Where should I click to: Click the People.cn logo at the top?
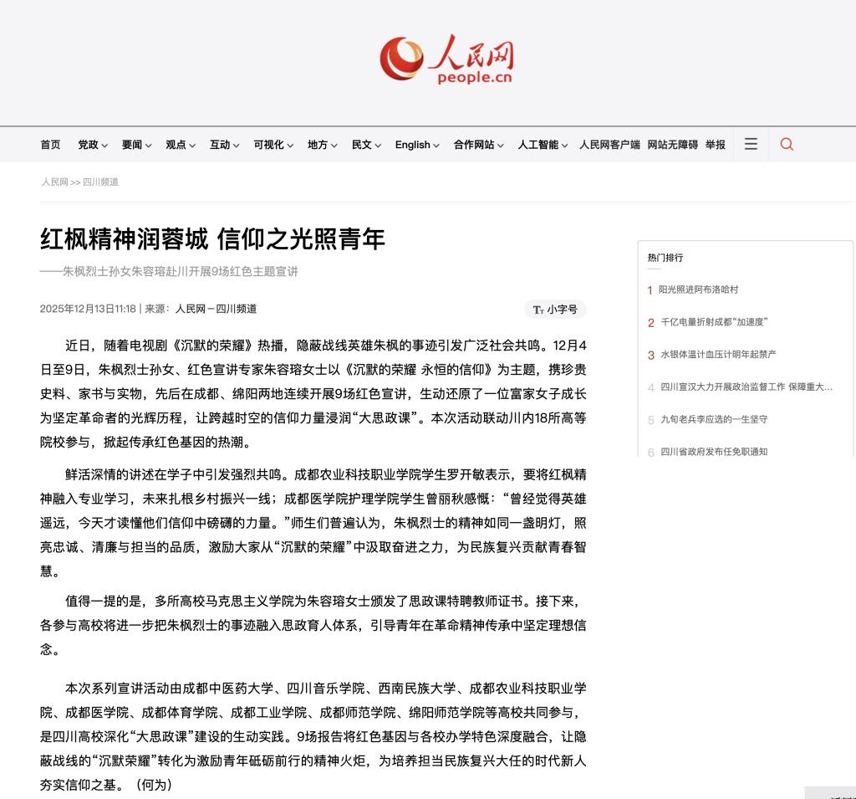click(446, 59)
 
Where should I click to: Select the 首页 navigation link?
click(50, 145)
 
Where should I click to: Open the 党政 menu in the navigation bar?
click(92, 145)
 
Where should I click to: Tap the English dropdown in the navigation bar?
click(417, 145)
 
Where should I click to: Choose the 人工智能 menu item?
click(543, 145)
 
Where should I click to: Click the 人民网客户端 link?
click(609, 145)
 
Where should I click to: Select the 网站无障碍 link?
click(672, 145)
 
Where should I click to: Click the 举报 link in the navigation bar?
click(716, 145)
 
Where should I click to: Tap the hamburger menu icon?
click(751, 144)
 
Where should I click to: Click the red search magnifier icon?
click(787, 144)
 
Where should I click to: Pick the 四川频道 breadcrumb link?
click(100, 182)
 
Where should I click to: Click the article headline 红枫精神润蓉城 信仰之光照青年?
click(212, 239)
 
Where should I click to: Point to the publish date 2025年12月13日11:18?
click(88, 309)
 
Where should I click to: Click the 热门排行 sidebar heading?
click(665, 258)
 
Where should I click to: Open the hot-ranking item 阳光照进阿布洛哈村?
click(698, 289)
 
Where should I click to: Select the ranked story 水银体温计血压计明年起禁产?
click(718, 355)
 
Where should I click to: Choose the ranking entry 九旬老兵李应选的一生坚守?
click(713, 419)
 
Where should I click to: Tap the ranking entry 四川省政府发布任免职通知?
click(713, 452)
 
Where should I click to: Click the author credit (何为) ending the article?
click(153, 785)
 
